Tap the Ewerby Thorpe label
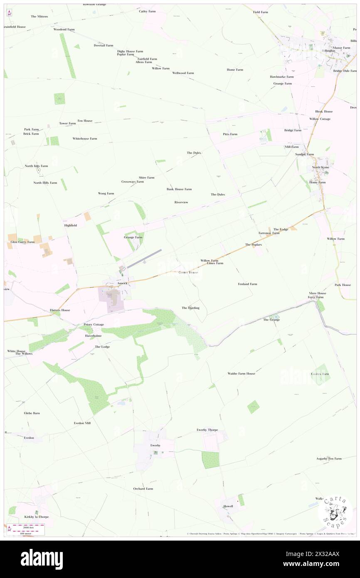coord(207,430)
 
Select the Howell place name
coord(228,506)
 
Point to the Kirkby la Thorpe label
coord(36,516)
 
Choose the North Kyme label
coord(321,167)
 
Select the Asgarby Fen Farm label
coord(328,458)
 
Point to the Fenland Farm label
coord(247,284)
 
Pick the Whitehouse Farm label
coord(85,138)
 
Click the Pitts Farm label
coord(230,134)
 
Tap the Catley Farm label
coord(147,11)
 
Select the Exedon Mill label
coord(82,422)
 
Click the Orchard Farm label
coord(143,489)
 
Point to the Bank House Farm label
coord(179,189)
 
